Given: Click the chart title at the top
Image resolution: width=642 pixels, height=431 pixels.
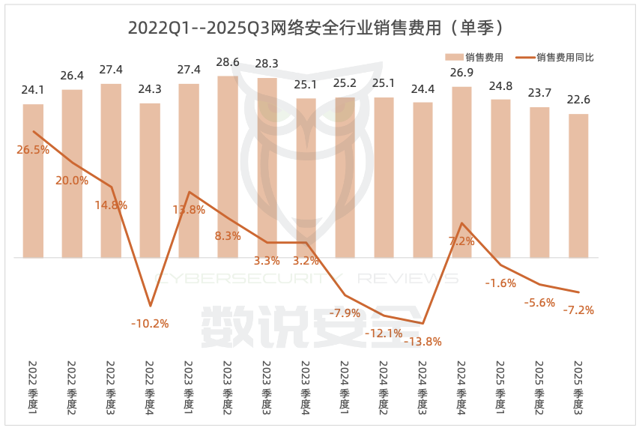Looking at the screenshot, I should point(320,28).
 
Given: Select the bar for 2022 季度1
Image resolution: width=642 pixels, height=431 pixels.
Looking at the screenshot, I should point(33,181).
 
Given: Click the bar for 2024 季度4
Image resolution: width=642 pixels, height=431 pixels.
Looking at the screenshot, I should point(461,172).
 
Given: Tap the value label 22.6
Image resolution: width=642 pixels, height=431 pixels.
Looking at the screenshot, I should point(578,100).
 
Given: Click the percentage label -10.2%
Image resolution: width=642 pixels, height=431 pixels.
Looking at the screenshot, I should point(150,324).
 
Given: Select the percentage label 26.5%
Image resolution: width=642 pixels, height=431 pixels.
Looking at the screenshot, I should point(33,150).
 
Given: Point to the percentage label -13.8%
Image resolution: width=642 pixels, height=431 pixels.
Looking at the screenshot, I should point(423,342).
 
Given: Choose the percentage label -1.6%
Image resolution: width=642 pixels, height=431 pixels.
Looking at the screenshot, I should point(500,283).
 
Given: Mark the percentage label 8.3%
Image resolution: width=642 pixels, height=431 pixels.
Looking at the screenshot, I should point(228,236).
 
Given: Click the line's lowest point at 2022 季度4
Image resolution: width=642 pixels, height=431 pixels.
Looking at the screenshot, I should point(150,306).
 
